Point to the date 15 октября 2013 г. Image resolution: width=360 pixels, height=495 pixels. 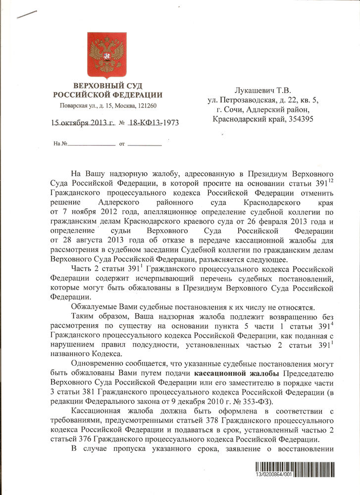82,123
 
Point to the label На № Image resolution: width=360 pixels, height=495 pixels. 60,144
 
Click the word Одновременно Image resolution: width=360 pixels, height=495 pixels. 97,363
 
